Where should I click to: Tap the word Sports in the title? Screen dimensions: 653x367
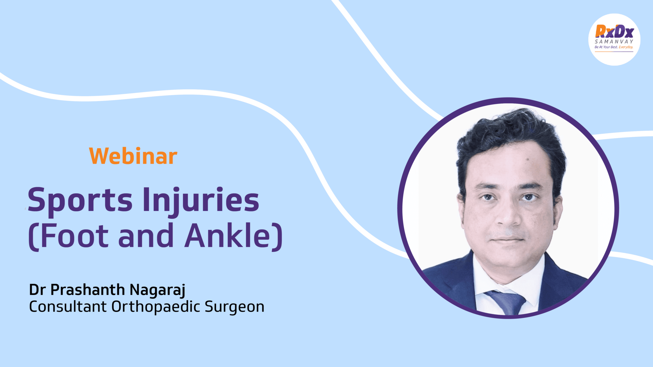(80, 200)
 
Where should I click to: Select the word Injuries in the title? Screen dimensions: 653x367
(201, 200)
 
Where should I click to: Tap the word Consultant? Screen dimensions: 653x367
(68, 306)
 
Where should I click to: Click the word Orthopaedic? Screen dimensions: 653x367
(156, 307)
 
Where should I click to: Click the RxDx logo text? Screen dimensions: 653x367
(614, 32)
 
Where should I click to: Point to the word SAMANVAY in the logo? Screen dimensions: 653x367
(614, 41)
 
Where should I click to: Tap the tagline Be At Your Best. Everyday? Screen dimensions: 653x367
(614, 47)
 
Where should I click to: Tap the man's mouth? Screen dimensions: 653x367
(508, 238)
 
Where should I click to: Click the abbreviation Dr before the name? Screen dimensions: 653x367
(37, 290)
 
